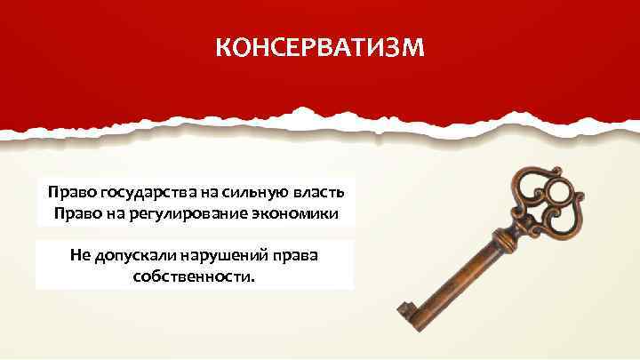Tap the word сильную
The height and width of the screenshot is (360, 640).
[x=239, y=193]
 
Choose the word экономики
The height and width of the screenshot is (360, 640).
[x=298, y=214]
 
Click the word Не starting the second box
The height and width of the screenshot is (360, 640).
[x=80, y=256]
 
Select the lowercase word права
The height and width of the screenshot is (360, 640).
[x=299, y=256]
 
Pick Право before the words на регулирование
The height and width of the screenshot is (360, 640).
[x=74, y=214]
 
